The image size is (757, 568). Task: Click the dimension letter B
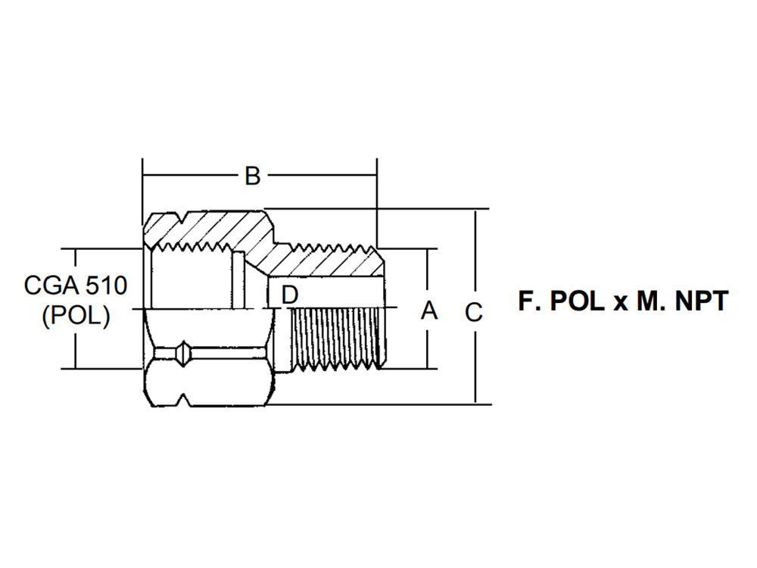coord(253,176)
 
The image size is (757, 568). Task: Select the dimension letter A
coord(428,310)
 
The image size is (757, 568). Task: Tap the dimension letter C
coord(474,312)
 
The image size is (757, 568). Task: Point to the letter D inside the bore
coord(290,295)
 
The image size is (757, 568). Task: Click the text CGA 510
coord(76,286)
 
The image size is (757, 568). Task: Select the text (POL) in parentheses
coord(76,317)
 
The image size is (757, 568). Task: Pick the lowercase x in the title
coord(620,304)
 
